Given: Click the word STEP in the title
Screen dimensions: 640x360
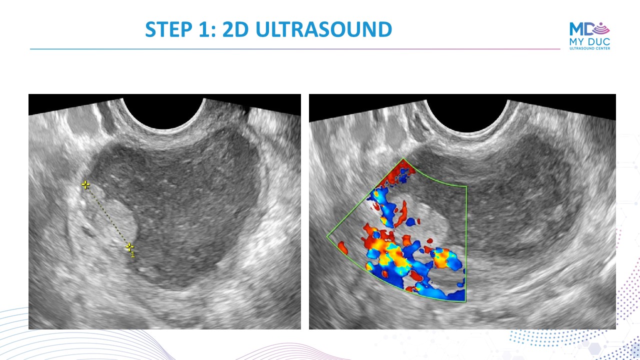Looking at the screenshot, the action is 169,29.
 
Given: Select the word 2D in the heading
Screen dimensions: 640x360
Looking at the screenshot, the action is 235,29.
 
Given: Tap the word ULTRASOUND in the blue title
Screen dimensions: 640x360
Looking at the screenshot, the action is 323,29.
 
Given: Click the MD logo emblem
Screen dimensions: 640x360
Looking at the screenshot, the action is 589,29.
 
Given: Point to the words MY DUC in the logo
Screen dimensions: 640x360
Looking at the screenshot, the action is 589,41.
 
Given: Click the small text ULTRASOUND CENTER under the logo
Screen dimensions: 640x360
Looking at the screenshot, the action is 589,48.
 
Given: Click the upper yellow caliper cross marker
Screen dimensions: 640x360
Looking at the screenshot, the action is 85,185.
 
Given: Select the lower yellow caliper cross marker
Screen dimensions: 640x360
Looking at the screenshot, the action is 129,247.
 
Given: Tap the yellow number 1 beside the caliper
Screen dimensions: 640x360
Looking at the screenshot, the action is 133,254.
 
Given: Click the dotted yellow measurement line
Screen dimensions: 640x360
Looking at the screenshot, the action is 107,216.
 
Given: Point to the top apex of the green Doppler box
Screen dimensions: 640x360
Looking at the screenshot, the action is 403,158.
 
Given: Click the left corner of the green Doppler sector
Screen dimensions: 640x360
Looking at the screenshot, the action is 327,236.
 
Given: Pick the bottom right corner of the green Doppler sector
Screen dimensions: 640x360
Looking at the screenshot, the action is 465,301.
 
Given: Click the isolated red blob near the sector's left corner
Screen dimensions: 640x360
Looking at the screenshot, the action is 343,247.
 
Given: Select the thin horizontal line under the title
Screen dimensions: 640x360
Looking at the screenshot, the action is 295,49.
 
